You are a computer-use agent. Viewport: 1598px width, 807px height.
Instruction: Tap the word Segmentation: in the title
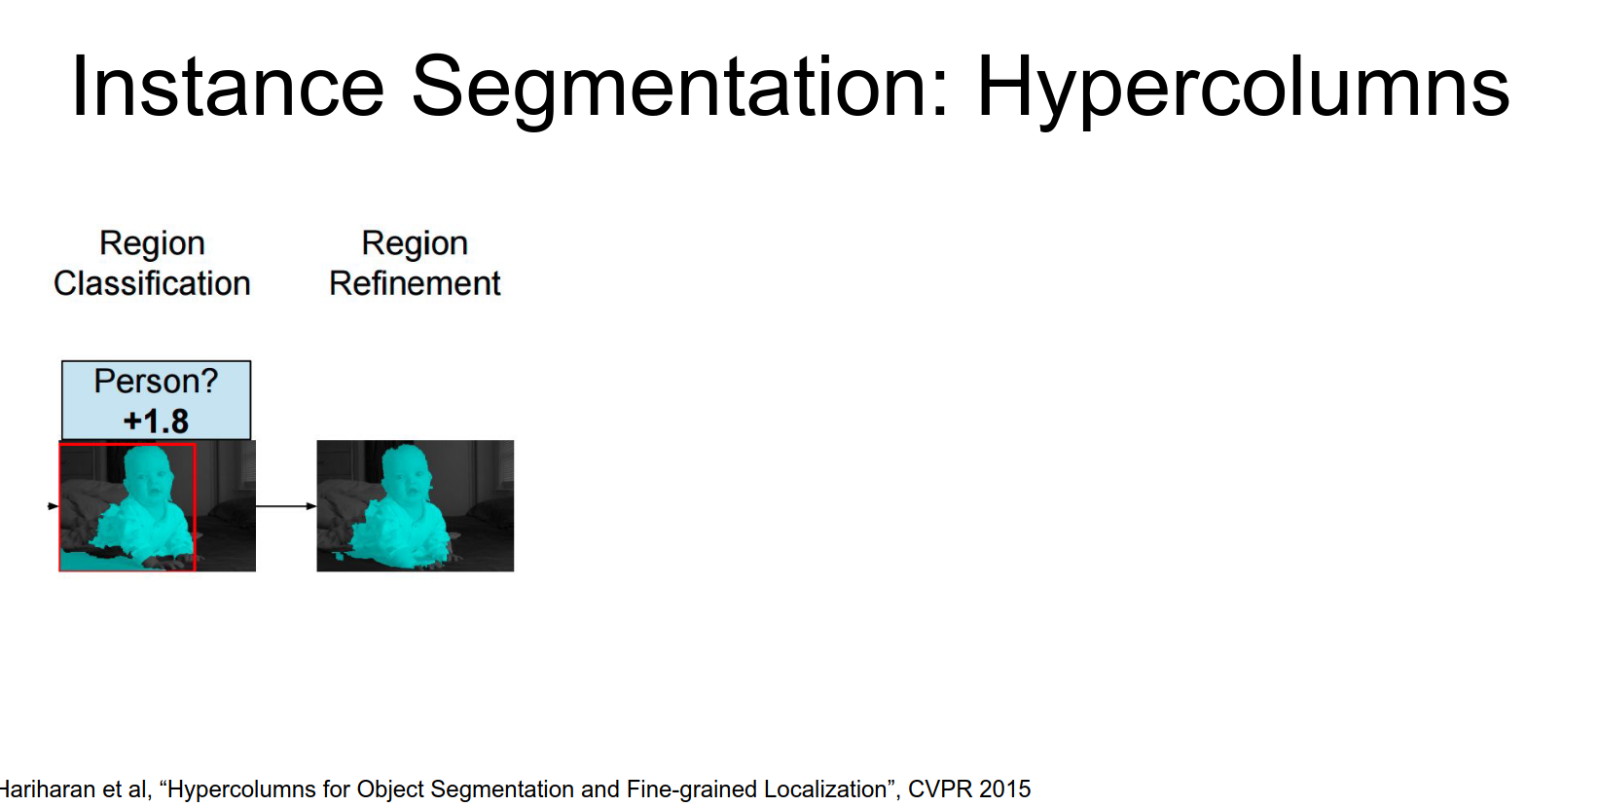(x=680, y=91)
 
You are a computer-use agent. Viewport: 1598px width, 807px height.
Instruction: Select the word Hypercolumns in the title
(x=1243, y=91)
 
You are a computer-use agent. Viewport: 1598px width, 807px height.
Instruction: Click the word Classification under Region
(x=152, y=283)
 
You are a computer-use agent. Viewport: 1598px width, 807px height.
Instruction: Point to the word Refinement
(x=415, y=283)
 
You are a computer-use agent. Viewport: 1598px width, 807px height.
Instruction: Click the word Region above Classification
(x=152, y=244)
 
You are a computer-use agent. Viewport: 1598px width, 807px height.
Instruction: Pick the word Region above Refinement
(x=415, y=244)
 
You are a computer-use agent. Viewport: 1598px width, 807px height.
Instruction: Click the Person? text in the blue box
(x=156, y=381)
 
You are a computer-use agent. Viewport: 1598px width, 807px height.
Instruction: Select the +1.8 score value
(x=156, y=421)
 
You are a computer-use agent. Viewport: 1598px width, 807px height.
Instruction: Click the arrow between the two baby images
(x=286, y=506)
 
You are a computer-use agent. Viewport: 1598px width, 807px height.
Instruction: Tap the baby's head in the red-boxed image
(x=147, y=471)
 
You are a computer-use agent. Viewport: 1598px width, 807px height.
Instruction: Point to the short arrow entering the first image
(x=54, y=506)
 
